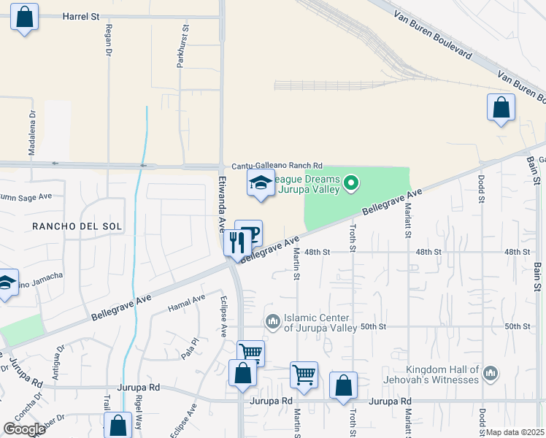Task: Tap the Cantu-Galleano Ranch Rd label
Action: (277, 167)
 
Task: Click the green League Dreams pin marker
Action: (351, 182)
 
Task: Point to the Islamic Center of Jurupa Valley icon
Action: (273, 321)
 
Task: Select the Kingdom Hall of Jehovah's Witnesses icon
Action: (491, 374)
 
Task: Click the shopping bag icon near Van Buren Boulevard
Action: (501, 107)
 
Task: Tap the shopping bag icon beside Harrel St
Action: (24, 17)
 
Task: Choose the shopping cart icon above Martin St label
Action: (303, 374)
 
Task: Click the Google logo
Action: (24, 429)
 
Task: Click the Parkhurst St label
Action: (185, 47)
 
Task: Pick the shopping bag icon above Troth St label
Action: (342, 385)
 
